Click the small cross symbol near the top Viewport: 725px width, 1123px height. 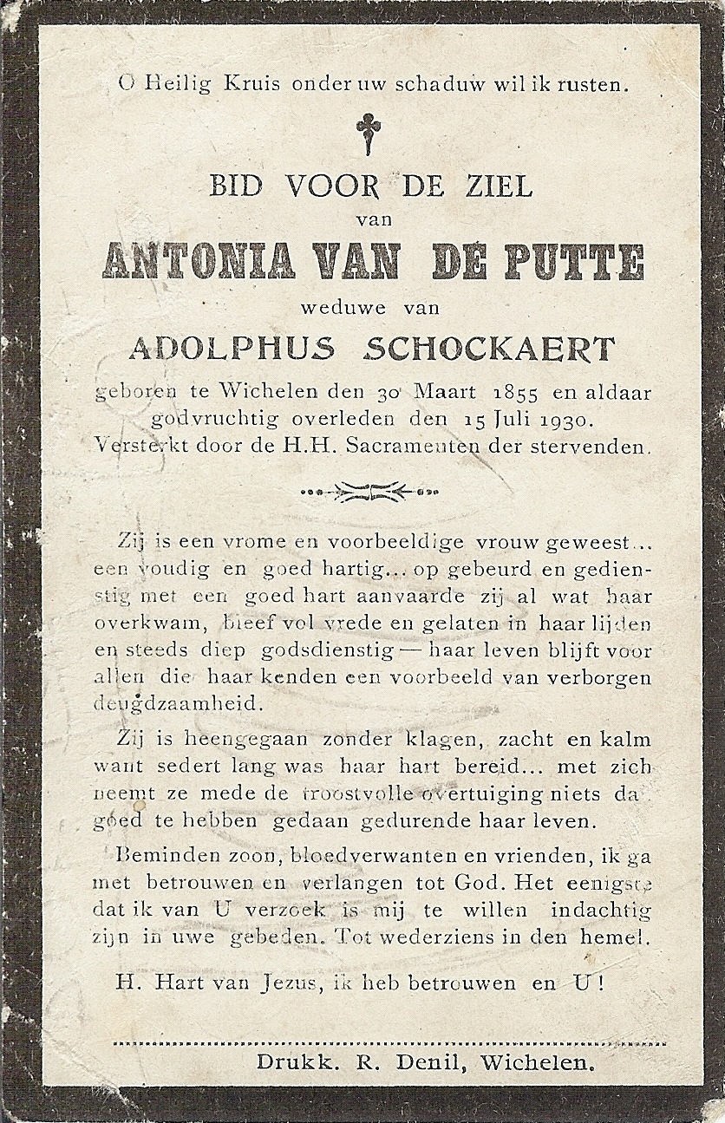tap(368, 134)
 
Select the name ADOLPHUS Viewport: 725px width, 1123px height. tap(232, 349)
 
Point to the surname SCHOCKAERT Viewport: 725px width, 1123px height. tap(489, 349)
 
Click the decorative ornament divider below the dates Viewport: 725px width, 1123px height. tap(369, 492)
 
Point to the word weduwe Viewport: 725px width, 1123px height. tap(332, 306)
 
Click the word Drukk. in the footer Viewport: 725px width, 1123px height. tap(296, 1062)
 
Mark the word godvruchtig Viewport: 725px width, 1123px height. tap(211, 420)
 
